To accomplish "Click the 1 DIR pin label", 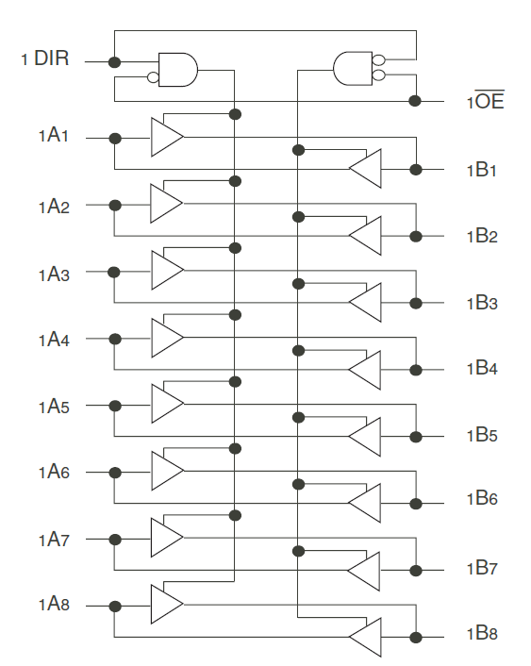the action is tap(45, 58).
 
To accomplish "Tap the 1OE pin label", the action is tap(486, 100).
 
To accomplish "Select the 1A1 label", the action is tap(54, 136).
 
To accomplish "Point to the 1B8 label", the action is tap(482, 633).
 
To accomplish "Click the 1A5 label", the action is tap(54, 407).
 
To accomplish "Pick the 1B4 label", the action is tap(482, 368).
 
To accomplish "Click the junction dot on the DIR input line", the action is tap(114, 62).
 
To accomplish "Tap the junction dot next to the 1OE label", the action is tap(415, 101).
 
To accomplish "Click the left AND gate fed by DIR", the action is tap(178, 70).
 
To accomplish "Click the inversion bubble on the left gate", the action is tap(153, 77).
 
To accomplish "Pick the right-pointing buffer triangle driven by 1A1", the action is tap(167, 137).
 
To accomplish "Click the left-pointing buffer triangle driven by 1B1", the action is tap(365, 168).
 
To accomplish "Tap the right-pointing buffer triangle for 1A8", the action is tap(167, 604).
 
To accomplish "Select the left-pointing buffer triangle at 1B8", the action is tap(365, 637).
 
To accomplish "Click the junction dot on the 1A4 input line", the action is tap(115, 339).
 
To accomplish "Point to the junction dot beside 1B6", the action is tap(416, 504).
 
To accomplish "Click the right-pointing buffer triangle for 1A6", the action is tap(167, 471).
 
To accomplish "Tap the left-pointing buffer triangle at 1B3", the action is tap(365, 303).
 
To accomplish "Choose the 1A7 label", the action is tap(54, 540).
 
